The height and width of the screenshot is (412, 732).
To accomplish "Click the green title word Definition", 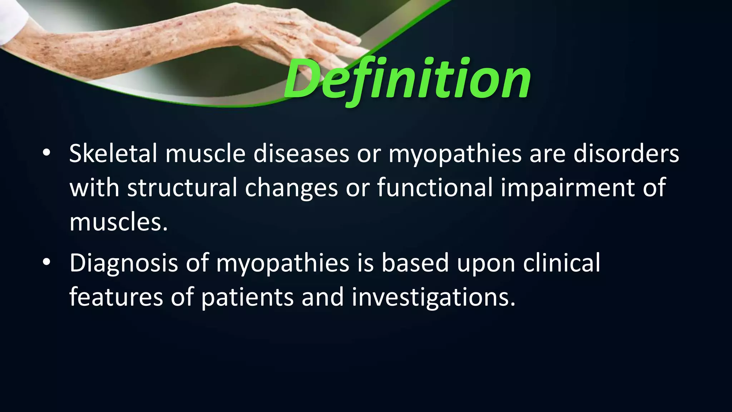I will [407, 79].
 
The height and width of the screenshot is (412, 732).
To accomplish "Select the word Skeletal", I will [113, 154].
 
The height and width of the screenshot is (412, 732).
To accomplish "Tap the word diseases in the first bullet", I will [301, 154].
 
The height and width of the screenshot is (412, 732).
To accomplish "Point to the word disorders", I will [626, 154].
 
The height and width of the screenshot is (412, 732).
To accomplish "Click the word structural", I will [182, 188].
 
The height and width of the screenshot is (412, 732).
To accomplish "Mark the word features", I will [116, 297].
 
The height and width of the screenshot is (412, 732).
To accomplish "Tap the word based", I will [415, 263].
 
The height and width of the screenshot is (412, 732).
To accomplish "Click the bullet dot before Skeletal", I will [46, 153].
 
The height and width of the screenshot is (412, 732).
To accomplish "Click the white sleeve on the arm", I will [13, 20].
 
